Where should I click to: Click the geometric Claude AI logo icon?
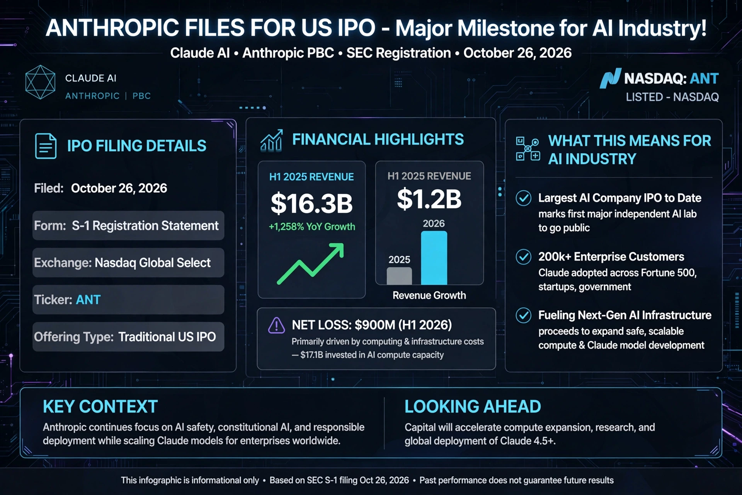[40, 82]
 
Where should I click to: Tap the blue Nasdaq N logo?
[610, 79]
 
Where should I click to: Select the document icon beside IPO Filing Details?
[46, 146]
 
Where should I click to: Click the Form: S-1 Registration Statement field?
[128, 225]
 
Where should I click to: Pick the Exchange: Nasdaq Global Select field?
[128, 263]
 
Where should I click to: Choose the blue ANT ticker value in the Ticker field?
[88, 300]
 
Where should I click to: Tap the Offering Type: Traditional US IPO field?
[128, 337]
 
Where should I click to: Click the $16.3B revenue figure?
[311, 203]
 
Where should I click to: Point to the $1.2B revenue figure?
[429, 199]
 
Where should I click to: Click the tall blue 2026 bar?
[434, 258]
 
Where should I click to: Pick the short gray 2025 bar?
[399, 276]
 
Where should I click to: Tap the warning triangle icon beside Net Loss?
[277, 325]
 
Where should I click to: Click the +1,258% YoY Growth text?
[312, 227]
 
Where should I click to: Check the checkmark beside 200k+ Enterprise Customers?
[524, 257]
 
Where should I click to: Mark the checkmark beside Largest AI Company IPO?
[524, 198]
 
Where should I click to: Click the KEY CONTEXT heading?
[100, 407]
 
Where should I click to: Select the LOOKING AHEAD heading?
[473, 407]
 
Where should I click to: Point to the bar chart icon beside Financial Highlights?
[271, 140]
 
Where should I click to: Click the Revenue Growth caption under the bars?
[429, 295]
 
